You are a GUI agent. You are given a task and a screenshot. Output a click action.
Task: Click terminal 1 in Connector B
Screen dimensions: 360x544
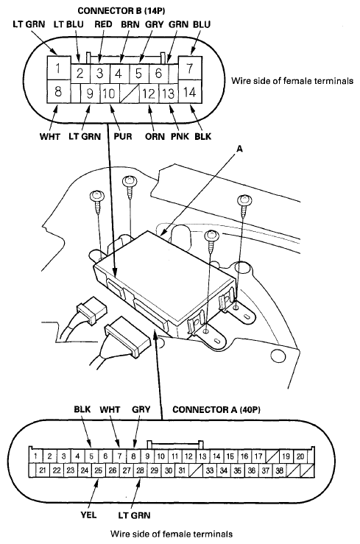click(57, 68)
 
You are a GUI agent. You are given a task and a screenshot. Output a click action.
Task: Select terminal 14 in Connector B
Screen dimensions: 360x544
click(189, 92)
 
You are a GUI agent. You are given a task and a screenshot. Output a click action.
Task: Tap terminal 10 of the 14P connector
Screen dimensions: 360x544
click(109, 93)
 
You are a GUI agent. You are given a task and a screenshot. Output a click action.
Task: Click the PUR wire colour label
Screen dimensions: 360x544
click(123, 136)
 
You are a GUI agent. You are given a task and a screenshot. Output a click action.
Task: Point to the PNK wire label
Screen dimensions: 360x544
click(180, 136)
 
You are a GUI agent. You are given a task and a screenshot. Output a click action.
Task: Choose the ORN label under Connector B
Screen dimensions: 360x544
click(155, 136)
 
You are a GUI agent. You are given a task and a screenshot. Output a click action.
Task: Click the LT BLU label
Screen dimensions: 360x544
click(68, 24)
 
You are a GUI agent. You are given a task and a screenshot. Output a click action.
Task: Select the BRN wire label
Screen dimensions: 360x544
click(130, 24)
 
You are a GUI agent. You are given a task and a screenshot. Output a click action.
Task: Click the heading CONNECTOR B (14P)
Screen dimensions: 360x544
click(121, 11)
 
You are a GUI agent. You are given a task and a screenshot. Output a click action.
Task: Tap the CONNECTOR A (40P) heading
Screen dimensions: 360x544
click(216, 410)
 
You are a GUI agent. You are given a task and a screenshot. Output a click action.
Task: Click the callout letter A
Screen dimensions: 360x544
click(239, 149)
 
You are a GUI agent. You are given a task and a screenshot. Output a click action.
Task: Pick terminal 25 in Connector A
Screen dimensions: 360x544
click(99, 470)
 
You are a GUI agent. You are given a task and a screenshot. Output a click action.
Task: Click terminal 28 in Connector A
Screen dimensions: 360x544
click(140, 470)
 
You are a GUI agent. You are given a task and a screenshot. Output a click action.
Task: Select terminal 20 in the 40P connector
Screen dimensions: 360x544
click(300, 456)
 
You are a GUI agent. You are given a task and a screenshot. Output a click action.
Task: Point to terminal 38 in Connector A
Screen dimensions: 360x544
click(279, 470)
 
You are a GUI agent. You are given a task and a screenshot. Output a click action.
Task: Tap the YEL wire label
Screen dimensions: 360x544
click(88, 515)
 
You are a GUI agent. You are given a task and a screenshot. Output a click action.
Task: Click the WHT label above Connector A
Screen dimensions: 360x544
click(110, 410)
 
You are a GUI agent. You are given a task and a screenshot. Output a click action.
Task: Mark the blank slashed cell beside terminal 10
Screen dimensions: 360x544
click(130, 94)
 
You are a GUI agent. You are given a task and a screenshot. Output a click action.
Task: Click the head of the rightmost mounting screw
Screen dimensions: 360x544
click(244, 200)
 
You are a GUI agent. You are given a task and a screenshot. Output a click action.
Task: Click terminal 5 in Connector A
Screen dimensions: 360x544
click(91, 456)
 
